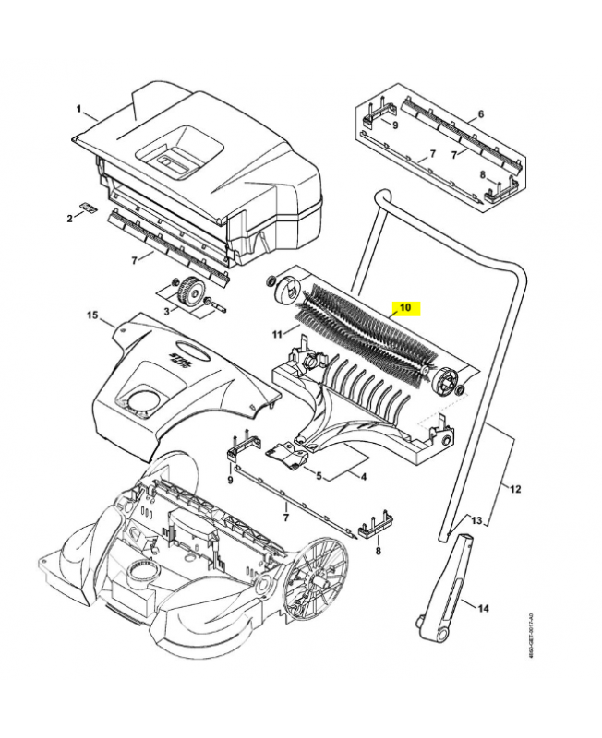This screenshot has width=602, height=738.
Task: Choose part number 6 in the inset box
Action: coord(480,115)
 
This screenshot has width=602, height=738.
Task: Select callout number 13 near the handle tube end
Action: coord(476,521)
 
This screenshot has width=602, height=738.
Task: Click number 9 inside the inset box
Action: coord(395,125)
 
